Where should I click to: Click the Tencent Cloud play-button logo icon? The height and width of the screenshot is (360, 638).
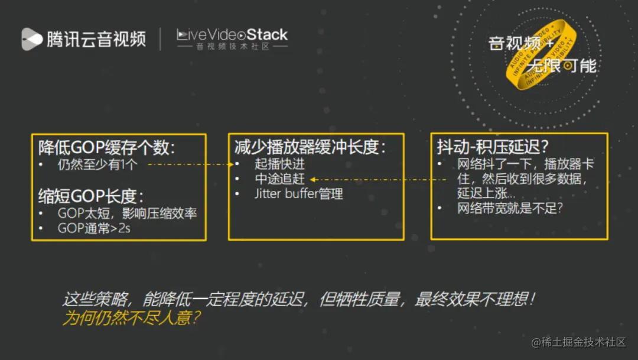[x=32, y=39]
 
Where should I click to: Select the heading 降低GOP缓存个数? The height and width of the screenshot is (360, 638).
[x=106, y=147]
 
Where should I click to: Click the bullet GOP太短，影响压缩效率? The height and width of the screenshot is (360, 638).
[x=127, y=213]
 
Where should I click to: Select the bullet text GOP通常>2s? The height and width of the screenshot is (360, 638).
[x=94, y=228]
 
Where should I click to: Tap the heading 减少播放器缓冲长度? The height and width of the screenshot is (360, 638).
[x=310, y=147]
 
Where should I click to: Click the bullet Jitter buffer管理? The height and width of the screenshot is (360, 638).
[x=298, y=194]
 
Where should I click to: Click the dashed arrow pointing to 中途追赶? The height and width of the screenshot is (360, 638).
[x=378, y=179]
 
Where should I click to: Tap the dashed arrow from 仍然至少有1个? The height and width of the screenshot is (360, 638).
[x=189, y=165]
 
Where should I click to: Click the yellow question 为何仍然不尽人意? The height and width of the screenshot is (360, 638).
[x=131, y=317]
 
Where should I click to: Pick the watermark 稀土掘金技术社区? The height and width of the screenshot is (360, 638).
[x=579, y=342]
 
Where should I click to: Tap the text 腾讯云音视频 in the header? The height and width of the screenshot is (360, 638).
[x=96, y=39]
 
